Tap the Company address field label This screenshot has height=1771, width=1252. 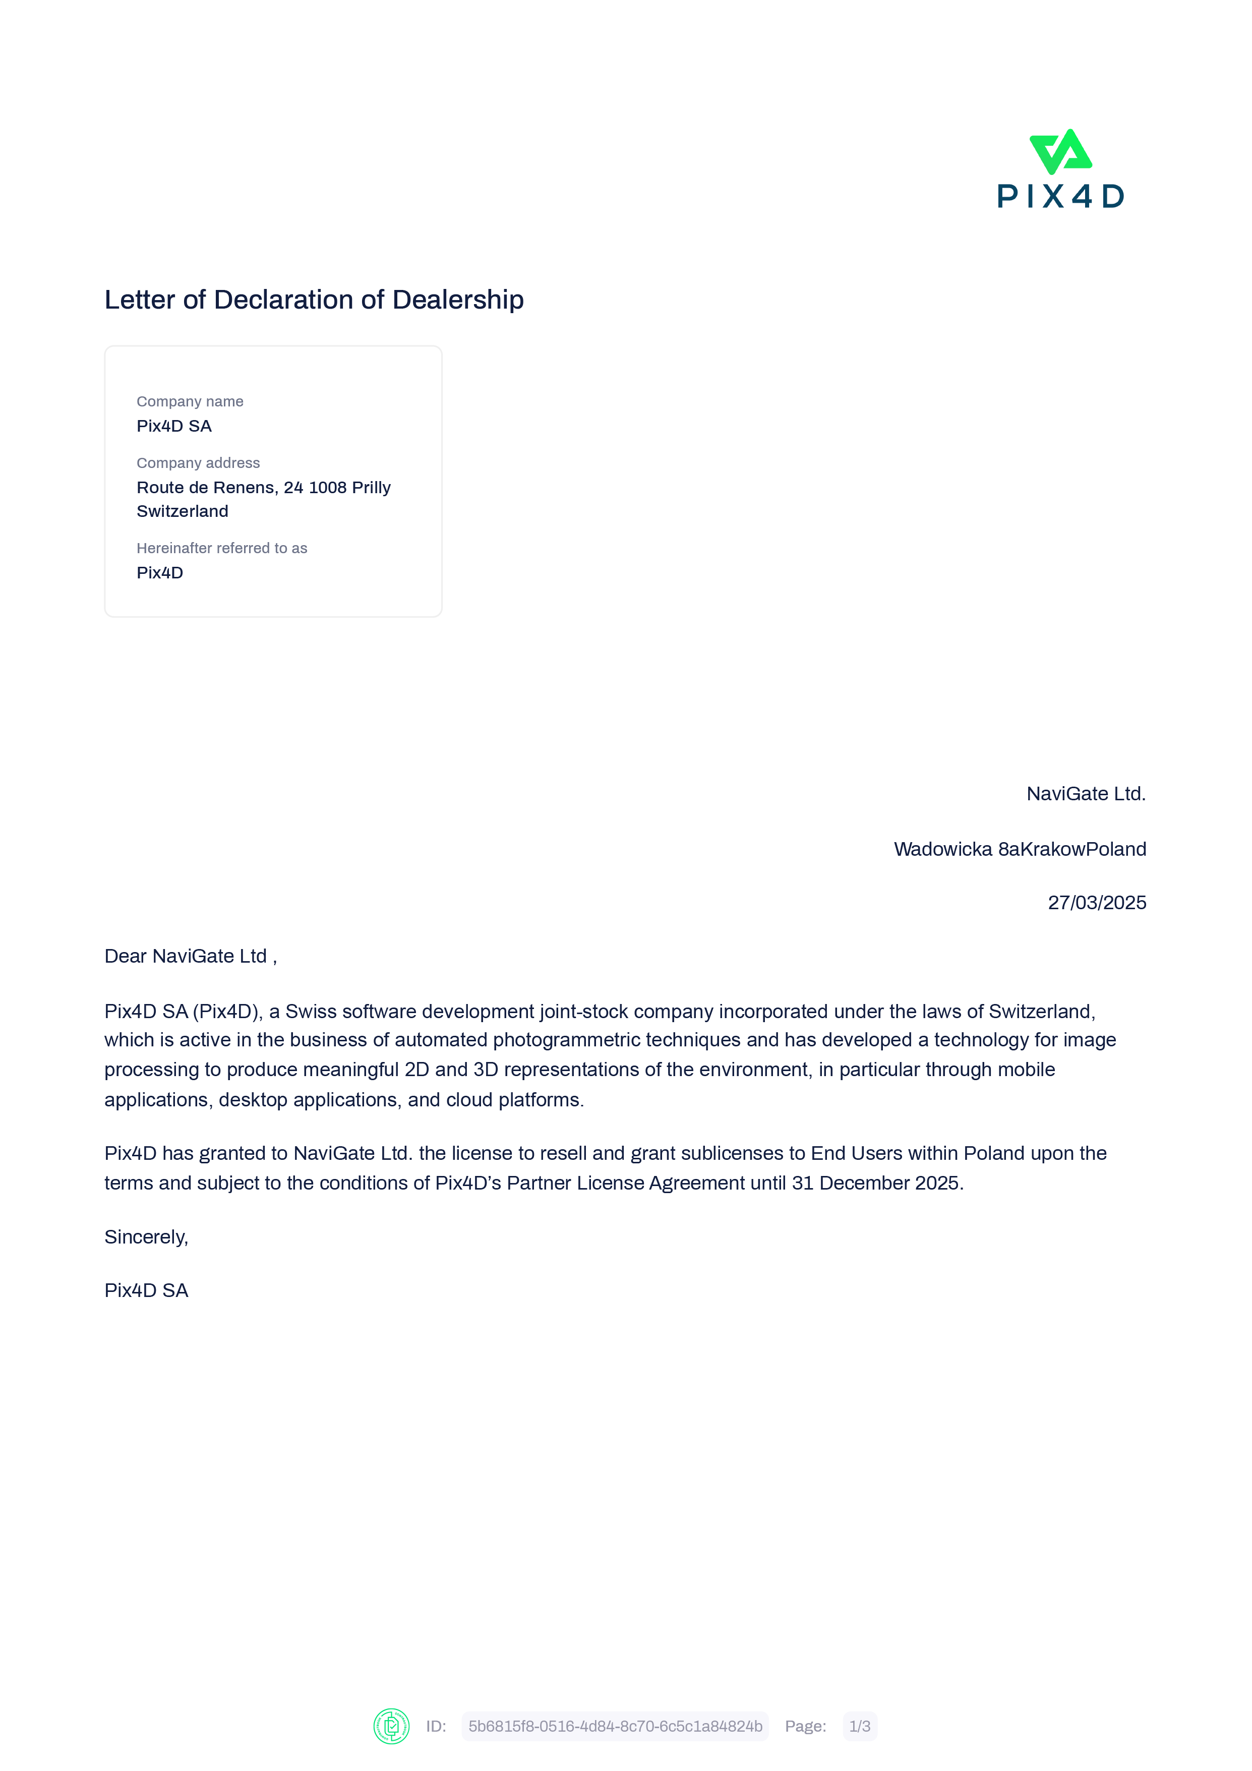click(x=198, y=463)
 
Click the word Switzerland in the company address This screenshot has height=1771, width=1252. click(x=182, y=511)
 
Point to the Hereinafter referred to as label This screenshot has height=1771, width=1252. click(x=221, y=549)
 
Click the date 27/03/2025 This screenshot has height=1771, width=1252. click(x=1096, y=903)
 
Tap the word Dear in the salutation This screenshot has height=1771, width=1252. click(x=126, y=957)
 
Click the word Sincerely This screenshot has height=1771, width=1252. click(x=146, y=1237)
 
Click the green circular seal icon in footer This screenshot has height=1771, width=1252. click(x=391, y=1726)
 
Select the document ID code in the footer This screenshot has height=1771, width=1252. click(x=615, y=1726)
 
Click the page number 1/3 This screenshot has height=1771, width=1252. click(x=859, y=1726)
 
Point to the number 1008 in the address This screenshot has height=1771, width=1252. click(x=327, y=488)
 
